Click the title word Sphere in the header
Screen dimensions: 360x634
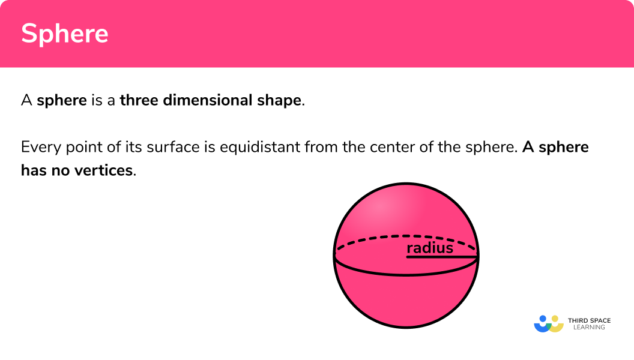(65, 34)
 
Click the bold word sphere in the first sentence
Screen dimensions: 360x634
(62, 100)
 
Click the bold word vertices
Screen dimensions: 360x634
(104, 170)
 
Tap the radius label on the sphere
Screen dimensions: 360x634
(430, 248)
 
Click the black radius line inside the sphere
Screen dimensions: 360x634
(442, 257)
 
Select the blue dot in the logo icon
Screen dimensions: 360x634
(543, 319)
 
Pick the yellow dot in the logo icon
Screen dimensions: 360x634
(555, 319)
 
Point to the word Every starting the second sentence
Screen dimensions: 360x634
(37, 147)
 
